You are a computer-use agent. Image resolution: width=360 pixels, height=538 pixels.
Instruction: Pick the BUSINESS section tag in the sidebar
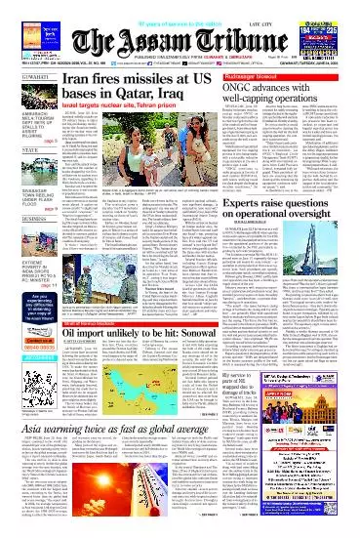click(21, 220)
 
